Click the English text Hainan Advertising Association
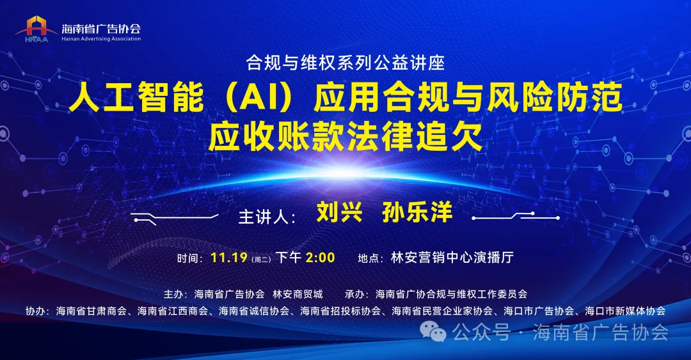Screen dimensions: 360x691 pos(101,39)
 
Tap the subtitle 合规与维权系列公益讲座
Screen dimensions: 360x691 pos(345,63)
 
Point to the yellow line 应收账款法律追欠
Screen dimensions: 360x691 pos(345,136)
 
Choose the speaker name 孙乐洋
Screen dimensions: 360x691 pos(417,212)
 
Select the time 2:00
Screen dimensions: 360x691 pos(321,258)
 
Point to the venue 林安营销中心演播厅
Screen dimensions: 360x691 pos(452,258)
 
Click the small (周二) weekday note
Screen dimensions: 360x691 pos(262,259)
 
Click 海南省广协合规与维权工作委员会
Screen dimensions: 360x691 pos(452,294)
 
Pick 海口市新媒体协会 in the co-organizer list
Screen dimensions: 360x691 pos(625,311)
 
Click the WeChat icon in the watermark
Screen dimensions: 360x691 pos(438,332)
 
